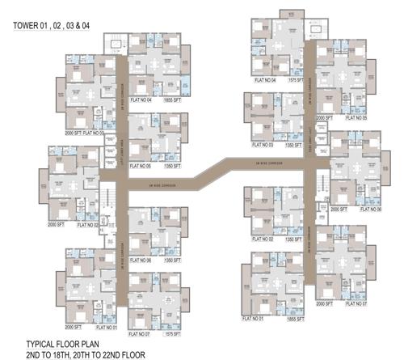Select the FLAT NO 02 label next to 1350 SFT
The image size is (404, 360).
click(x=263, y=240)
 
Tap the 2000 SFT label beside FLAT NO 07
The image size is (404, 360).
click(x=324, y=304)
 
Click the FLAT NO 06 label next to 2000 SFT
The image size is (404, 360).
click(x=368, y=210)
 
